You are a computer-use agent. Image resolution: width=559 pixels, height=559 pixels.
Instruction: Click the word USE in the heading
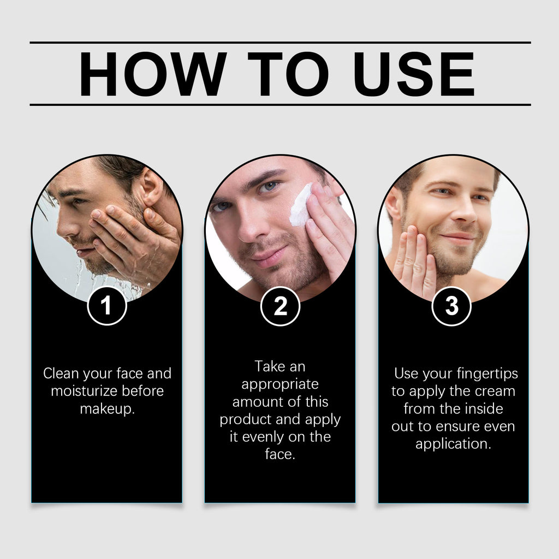414,74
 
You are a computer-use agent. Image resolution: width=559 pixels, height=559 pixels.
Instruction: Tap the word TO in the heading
288,74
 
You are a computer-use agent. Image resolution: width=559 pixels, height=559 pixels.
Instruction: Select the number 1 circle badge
107,306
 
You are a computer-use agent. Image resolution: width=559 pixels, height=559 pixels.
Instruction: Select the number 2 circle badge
280,306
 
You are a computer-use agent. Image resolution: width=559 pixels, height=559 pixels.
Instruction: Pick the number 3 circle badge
451,306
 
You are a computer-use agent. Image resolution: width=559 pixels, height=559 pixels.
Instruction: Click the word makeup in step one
108,409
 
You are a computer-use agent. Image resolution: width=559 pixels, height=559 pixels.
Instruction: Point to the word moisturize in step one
84,391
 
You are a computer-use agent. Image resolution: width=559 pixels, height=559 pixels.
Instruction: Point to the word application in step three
453,444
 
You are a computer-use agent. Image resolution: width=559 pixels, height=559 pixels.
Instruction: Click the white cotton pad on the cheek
300,205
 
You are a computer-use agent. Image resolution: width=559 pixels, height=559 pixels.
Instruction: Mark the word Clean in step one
61,373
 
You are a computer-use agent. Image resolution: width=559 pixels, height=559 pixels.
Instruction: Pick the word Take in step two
270,366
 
